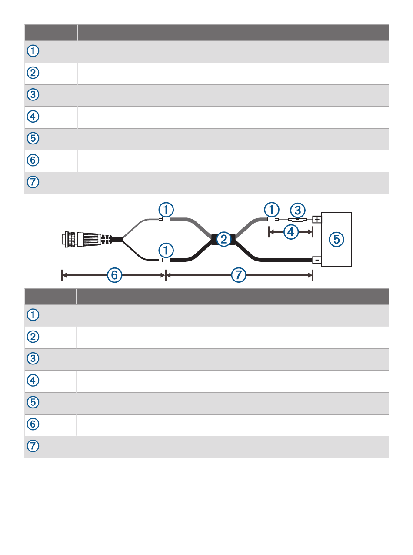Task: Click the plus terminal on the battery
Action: tap(317, 220)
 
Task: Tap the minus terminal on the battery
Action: tap(317, 261)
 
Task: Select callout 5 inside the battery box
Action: tap(336, 239)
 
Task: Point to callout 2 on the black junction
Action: tap(223, 239)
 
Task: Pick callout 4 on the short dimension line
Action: tap(291, 232)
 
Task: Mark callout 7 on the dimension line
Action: tap(238, 275)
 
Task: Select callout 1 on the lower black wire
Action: tap(166, 250)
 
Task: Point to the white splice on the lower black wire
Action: tap(165, 261)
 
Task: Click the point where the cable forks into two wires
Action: tap(123, 239)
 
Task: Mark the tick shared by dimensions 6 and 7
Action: tap(166, 275)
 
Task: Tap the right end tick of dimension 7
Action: tap(313, 275)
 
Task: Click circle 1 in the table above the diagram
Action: tap(33, 51)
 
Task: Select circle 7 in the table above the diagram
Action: tap(33, 183)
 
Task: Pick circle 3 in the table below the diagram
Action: tap(33, 359)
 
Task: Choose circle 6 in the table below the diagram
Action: tap(33, 425)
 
